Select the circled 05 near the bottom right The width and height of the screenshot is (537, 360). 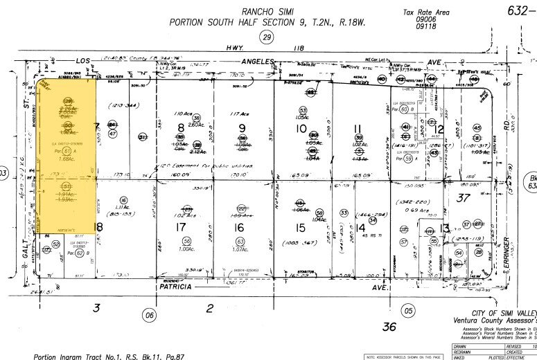pyautogui.click(x=408, y=311)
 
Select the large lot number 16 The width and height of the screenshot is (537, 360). pyautogui.click(x=239, y=228)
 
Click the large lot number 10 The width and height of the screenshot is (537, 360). pyautogui.click(x=302, y=128)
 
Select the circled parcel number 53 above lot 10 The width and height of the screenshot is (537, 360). pyautogui.click(x=303, y=110)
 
